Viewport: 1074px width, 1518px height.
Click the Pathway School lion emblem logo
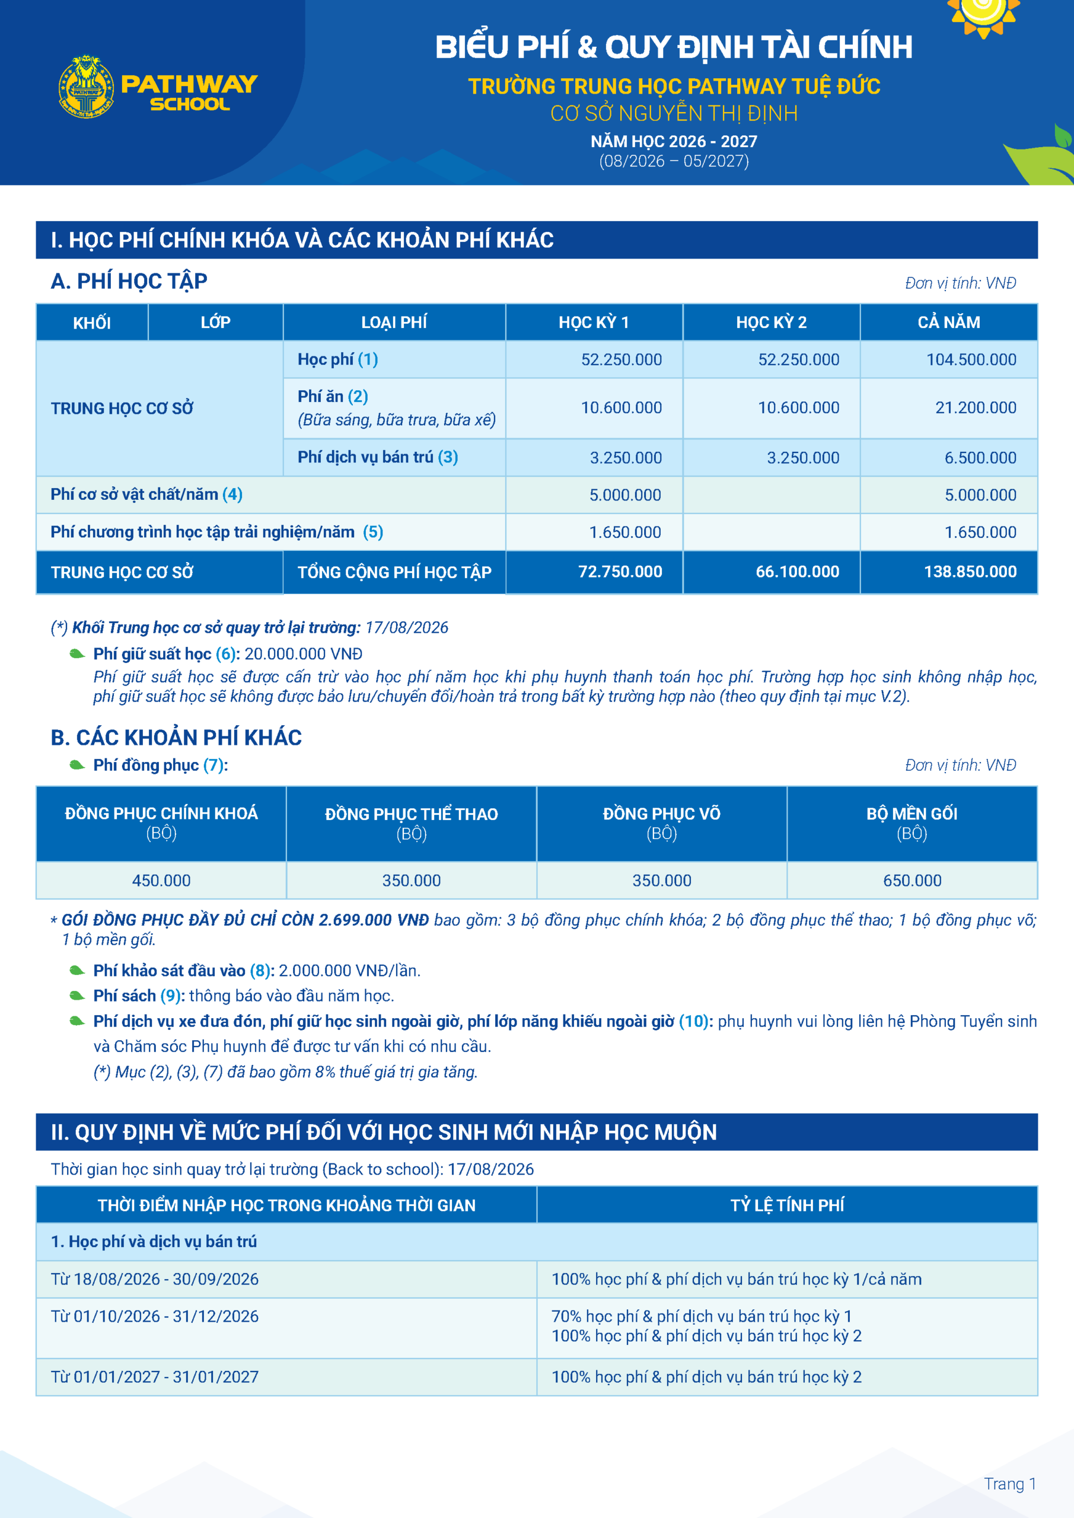click(86, 87)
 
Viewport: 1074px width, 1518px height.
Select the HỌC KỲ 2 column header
click(771, 323)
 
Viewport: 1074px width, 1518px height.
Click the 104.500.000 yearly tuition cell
click(971, 360)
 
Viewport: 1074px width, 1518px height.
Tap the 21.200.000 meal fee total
click(976, 408)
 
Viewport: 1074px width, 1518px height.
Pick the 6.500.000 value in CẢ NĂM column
click(980, 458)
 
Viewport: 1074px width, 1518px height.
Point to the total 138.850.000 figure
click(970, 572)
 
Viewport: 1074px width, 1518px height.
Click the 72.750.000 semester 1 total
click(620, 572)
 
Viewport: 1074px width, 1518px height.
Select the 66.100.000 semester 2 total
click(797, 572)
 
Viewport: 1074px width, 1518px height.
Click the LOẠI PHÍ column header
click(394, 323)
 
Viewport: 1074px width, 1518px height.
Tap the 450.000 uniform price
click(161, 881)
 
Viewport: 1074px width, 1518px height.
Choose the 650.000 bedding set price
click(912, 881)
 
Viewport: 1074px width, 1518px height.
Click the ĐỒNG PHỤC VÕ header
click(661, 814)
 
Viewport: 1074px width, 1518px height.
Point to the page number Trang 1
click(1009, 1484)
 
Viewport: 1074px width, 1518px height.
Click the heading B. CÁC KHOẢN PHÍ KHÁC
click(176, 738)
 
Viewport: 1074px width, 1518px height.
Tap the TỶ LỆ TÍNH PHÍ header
click(787, 1206)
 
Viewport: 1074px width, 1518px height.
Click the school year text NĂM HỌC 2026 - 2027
click(674, 142)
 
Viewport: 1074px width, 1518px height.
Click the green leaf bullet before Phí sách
click(77, 996)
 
